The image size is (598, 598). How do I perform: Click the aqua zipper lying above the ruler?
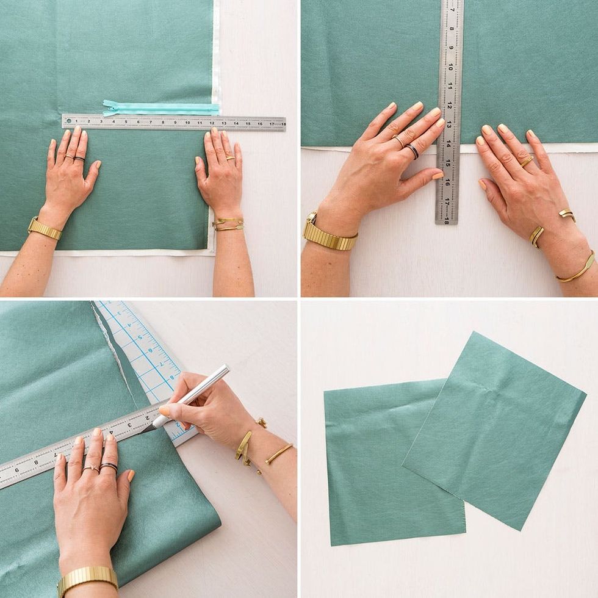(x=162, y=109)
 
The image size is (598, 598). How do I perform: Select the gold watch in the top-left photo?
(x=45, y=229)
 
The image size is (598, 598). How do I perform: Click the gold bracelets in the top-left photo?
(x=228, y=225)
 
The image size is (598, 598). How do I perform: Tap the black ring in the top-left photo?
(x=79, y=159)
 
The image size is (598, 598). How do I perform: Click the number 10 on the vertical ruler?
(x=450, y=67)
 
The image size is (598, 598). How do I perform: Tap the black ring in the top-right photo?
(x=413, y=151)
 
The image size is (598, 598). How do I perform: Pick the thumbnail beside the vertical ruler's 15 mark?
(x=438, y=176)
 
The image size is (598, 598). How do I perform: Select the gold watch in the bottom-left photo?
(x=87, y=578)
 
